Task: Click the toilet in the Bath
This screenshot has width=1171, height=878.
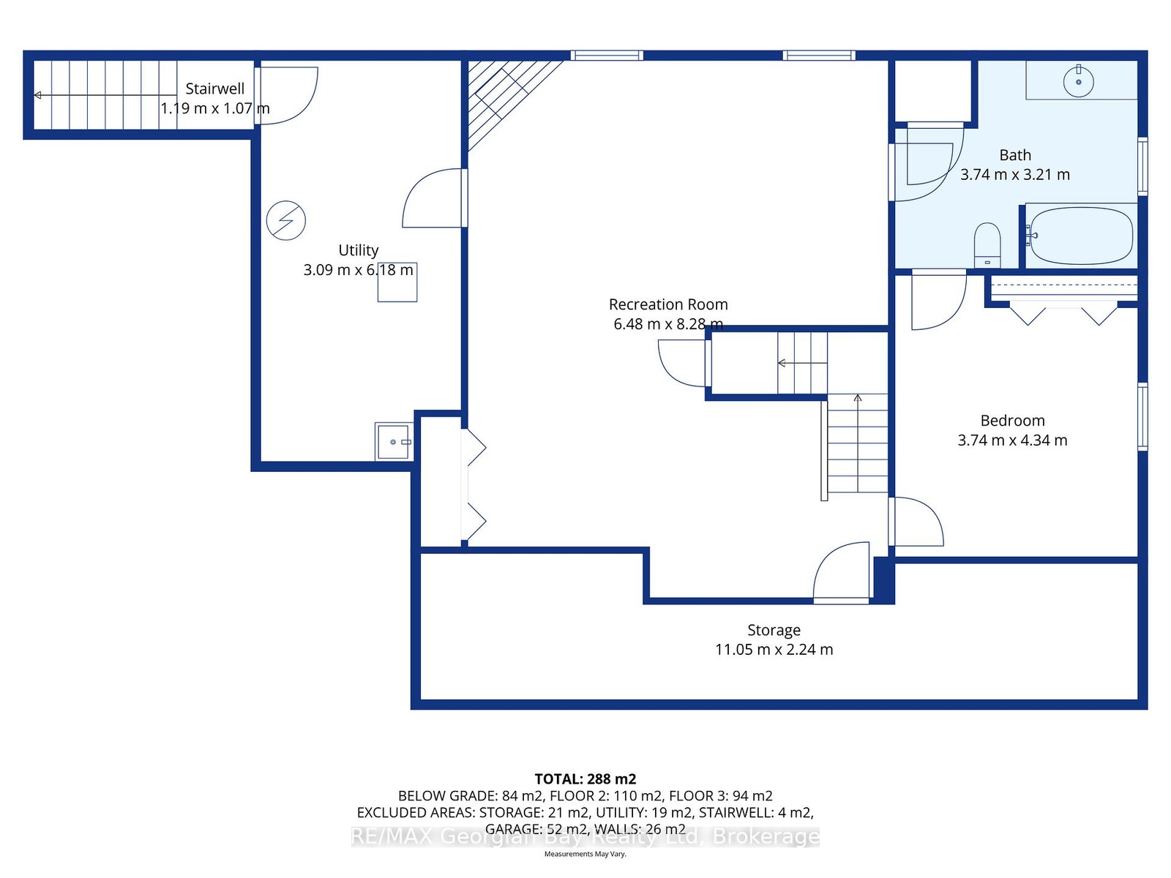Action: pos(987,245)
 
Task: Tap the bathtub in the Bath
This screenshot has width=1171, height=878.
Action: pos(1082,236)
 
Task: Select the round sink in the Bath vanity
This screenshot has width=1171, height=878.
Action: pos(1078,81)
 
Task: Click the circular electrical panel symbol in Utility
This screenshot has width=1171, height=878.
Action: pos(286,220)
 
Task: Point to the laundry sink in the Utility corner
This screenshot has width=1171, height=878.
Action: pos(394,441)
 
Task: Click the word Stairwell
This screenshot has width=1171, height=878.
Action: pos(215,89)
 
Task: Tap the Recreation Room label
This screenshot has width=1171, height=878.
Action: pos(668,304)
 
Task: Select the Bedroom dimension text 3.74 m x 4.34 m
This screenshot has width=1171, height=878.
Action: pos(1013,440)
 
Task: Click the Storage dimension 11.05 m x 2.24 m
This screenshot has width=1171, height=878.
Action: pos(774,649)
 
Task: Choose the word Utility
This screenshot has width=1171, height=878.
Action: pos(359,250)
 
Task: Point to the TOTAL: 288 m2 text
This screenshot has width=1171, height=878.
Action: pos(585,778)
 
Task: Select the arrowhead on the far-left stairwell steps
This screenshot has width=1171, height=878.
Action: pos(37,95)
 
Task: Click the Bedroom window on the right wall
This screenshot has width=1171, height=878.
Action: pos(1142,416)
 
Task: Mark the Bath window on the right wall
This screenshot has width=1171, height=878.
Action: pos(1142,166)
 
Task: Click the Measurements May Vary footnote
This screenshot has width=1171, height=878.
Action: pos(585,854)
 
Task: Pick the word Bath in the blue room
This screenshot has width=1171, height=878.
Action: pos(1014,155)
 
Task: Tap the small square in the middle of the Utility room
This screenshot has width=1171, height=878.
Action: pos(397,282)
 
